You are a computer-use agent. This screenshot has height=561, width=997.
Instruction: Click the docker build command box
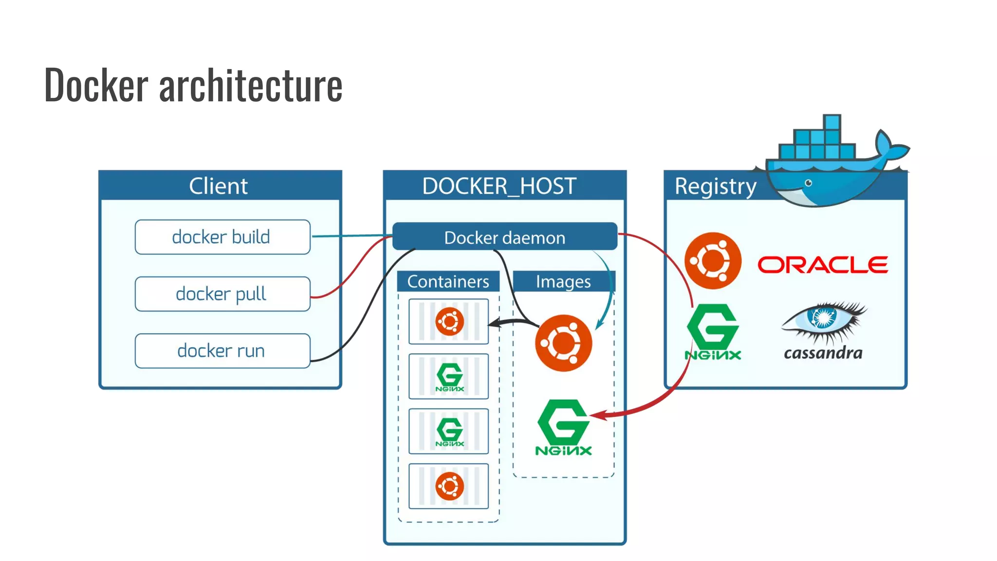coord(222,237)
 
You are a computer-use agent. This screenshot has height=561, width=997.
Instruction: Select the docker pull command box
coord(222,294)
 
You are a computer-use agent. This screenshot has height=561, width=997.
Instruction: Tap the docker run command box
coord(222,351)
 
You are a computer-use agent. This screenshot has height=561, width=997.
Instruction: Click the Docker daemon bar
coord(505,237)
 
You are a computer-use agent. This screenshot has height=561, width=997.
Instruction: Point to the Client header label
coord(219,186)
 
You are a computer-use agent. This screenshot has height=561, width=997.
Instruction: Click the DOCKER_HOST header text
coord(499,186)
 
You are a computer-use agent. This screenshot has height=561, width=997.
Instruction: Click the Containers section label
coord(448,281)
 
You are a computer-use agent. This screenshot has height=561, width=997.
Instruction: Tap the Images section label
coord(563,281)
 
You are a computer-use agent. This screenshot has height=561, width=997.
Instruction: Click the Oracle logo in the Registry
coord(823,265)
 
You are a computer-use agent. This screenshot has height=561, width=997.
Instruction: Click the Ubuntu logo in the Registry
coord(713,261)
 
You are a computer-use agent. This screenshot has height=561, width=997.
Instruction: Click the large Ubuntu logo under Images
coord(563,343)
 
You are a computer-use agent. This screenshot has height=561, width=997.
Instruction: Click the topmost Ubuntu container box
coord(449,322)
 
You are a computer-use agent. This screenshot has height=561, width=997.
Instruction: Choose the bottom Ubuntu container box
coord(449,486)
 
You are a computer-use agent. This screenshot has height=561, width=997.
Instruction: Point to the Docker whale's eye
coord(809,183)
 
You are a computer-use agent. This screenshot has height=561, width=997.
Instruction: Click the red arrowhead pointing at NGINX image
coord(598,415)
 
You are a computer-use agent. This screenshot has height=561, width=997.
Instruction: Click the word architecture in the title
coord(251,85)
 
